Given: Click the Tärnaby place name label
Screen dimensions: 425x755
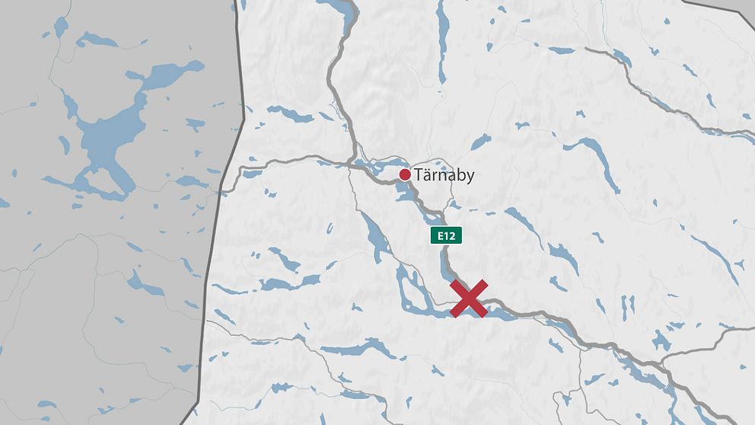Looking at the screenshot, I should point(445,175).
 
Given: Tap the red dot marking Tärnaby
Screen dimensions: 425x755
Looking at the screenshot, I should point(405,175).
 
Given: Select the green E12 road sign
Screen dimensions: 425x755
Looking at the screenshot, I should point(446,235).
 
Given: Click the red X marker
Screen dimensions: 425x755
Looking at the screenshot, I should point(469,299).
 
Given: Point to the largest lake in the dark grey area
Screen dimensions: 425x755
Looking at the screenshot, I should point(114,137).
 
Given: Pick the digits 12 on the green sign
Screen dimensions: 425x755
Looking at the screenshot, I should point(451,235).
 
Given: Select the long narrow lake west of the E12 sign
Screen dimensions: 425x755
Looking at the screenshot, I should point(375,236).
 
